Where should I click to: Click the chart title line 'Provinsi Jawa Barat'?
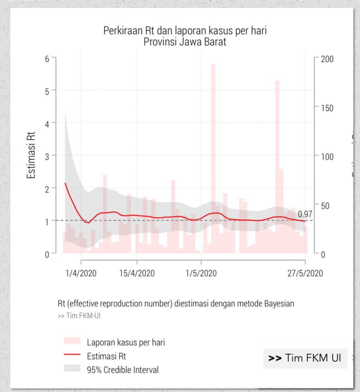185,42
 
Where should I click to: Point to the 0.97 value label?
305,214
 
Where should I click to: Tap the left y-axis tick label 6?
47,59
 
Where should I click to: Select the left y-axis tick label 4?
47,123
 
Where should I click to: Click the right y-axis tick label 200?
327,59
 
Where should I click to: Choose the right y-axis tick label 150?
327,108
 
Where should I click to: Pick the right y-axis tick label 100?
327,156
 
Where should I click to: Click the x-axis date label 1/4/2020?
81,273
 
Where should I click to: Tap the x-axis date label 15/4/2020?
137,273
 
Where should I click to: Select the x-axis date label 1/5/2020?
201,273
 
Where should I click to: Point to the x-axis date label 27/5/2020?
305,273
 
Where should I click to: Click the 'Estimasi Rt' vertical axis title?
31,155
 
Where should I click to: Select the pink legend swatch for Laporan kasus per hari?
72,341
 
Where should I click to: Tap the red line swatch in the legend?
72,354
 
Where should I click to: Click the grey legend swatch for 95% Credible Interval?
72,368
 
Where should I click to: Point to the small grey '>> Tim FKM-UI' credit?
79,316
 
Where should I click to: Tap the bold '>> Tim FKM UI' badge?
305,358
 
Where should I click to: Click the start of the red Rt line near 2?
65,183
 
